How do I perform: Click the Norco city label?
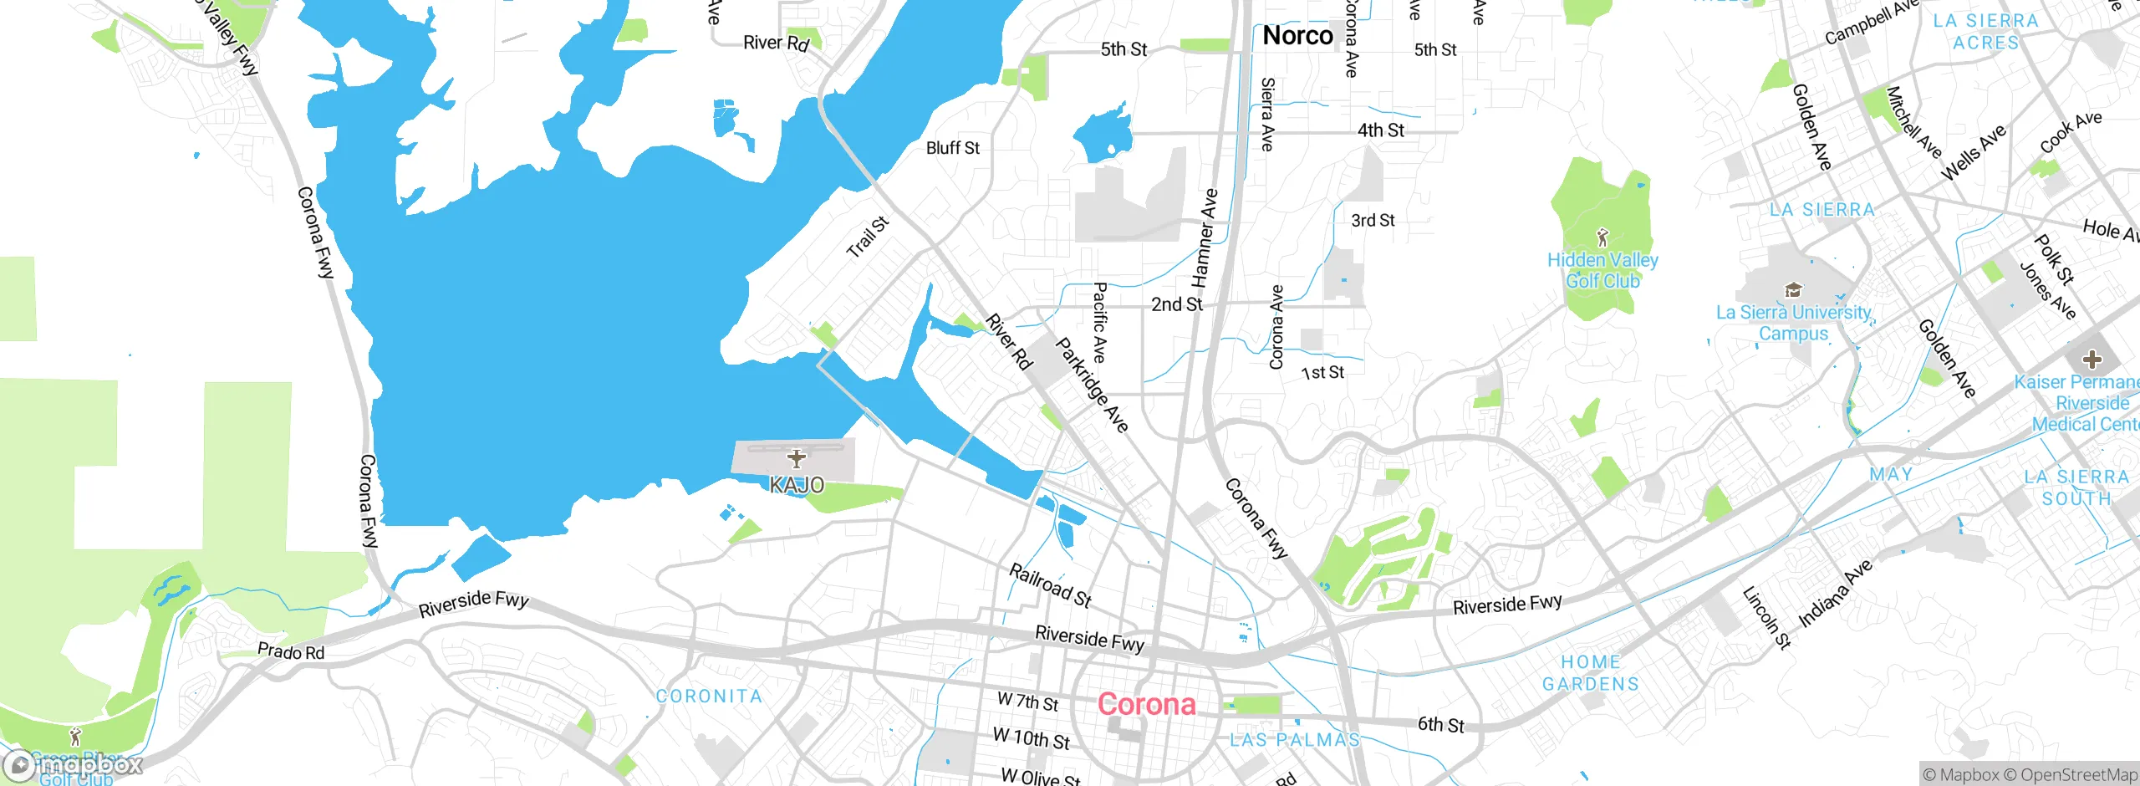(x=1297, y=36)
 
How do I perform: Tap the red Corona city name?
(x=1146, y=704)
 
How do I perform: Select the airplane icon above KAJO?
(x=797, y=458)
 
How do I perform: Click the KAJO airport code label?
(x=797, y=485)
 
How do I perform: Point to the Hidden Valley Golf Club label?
(x=1602, y=270)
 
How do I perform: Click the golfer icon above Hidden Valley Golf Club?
(x=1602, y=237)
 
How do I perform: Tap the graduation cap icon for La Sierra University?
(x=1792, y=290)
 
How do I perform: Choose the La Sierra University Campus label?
(x=1793, y=323)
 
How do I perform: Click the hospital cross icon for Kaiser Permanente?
(x=2092, y=360)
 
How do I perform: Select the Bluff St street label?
(x=952, y=148)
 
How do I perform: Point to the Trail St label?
(x=867, y=237)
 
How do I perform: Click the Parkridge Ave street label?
(x=1092, y=385)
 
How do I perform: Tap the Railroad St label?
(x=1051, y=584)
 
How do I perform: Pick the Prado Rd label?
(x=290, y=651)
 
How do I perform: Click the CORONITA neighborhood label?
(x=709, y=697)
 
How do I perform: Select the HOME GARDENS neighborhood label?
(x=1590, y=673)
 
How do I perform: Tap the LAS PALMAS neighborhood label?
(x=1294, y=740)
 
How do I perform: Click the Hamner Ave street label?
(x=1204, y=238)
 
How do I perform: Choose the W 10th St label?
(x=1031, y=739)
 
